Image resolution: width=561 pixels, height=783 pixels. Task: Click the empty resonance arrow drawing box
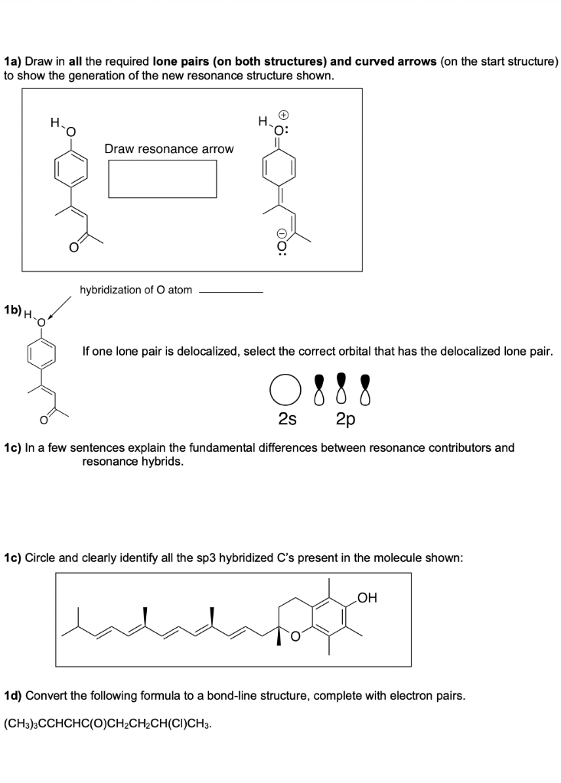click(x=162, y=178)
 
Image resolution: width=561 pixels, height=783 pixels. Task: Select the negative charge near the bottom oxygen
click(x=281, y=232)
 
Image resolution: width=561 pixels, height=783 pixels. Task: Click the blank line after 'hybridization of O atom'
click(x=230, y=291)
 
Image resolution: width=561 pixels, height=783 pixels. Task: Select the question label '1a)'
click(x=13, y=60)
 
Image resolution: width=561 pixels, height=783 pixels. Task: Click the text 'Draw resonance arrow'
click(x=169, y=148)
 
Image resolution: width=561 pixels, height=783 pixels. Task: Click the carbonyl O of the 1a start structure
click(x=73, y=246)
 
